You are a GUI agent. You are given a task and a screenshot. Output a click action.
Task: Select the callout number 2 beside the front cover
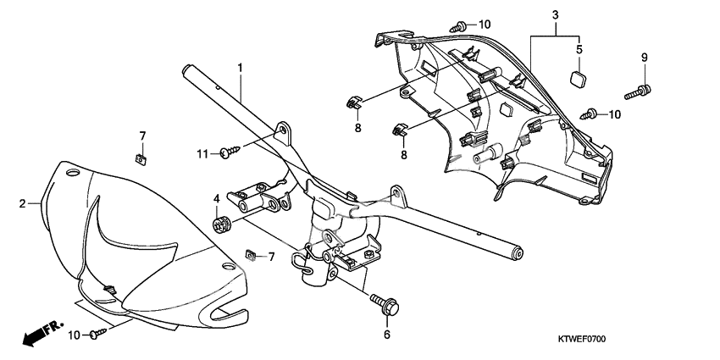(23, 203)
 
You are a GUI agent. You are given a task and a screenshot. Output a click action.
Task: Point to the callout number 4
(216, 200)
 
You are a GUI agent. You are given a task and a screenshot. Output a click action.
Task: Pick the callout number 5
(579, 49)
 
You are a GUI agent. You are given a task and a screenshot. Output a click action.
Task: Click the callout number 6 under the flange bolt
(386, 335)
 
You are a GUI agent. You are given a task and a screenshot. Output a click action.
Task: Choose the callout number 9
(644, 57)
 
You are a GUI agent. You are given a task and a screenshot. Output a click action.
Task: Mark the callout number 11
(202, 152)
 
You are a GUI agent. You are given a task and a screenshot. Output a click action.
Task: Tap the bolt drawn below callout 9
(639, 87)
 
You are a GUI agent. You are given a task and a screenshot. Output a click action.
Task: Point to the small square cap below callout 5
(579, 79)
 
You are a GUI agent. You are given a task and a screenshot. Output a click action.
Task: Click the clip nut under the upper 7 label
(141, 157)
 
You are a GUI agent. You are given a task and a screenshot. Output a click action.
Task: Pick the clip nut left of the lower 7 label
(249, 254)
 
